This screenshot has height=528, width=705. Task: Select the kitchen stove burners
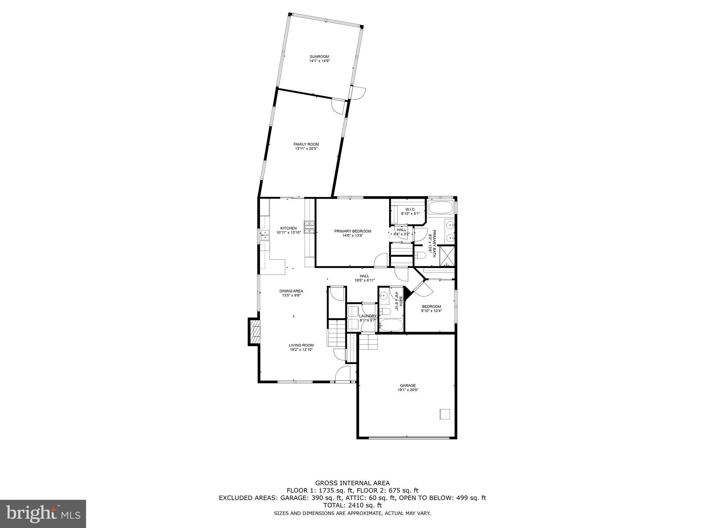[309, 227]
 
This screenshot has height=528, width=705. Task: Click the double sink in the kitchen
[265, 235]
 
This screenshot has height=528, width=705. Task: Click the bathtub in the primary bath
[441, 208]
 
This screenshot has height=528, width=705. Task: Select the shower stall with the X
[448, 255]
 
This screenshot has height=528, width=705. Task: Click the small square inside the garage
[444, 414]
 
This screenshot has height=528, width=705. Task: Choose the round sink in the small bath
[384, 295]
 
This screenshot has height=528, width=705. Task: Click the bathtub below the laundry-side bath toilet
[391, 325]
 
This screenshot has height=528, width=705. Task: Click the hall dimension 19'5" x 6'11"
[364, 280]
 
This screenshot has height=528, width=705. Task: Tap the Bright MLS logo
[43, 514]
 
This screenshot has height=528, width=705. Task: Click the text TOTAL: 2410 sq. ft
[352, 505]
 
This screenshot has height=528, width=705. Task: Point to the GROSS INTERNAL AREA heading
[352, 483]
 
